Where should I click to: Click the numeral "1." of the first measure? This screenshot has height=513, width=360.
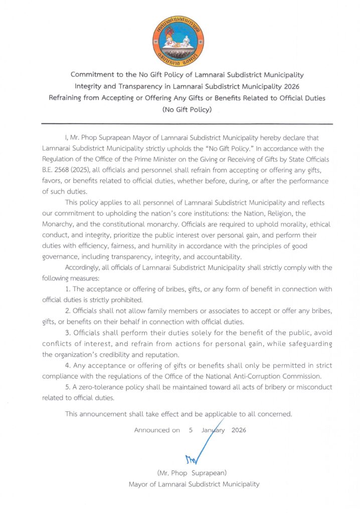pyautogui.click(x=68, y=290)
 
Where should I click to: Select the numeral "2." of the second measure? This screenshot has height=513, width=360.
pyautogui.click(x=68, y=311)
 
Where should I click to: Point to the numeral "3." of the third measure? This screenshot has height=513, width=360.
pyautogui.click(x=68, y=333)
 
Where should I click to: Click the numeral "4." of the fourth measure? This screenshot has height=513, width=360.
pyautogui.click(x=69, y=366)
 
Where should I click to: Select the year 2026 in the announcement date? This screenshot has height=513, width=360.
pyautogui.click(x=239, y=430)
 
